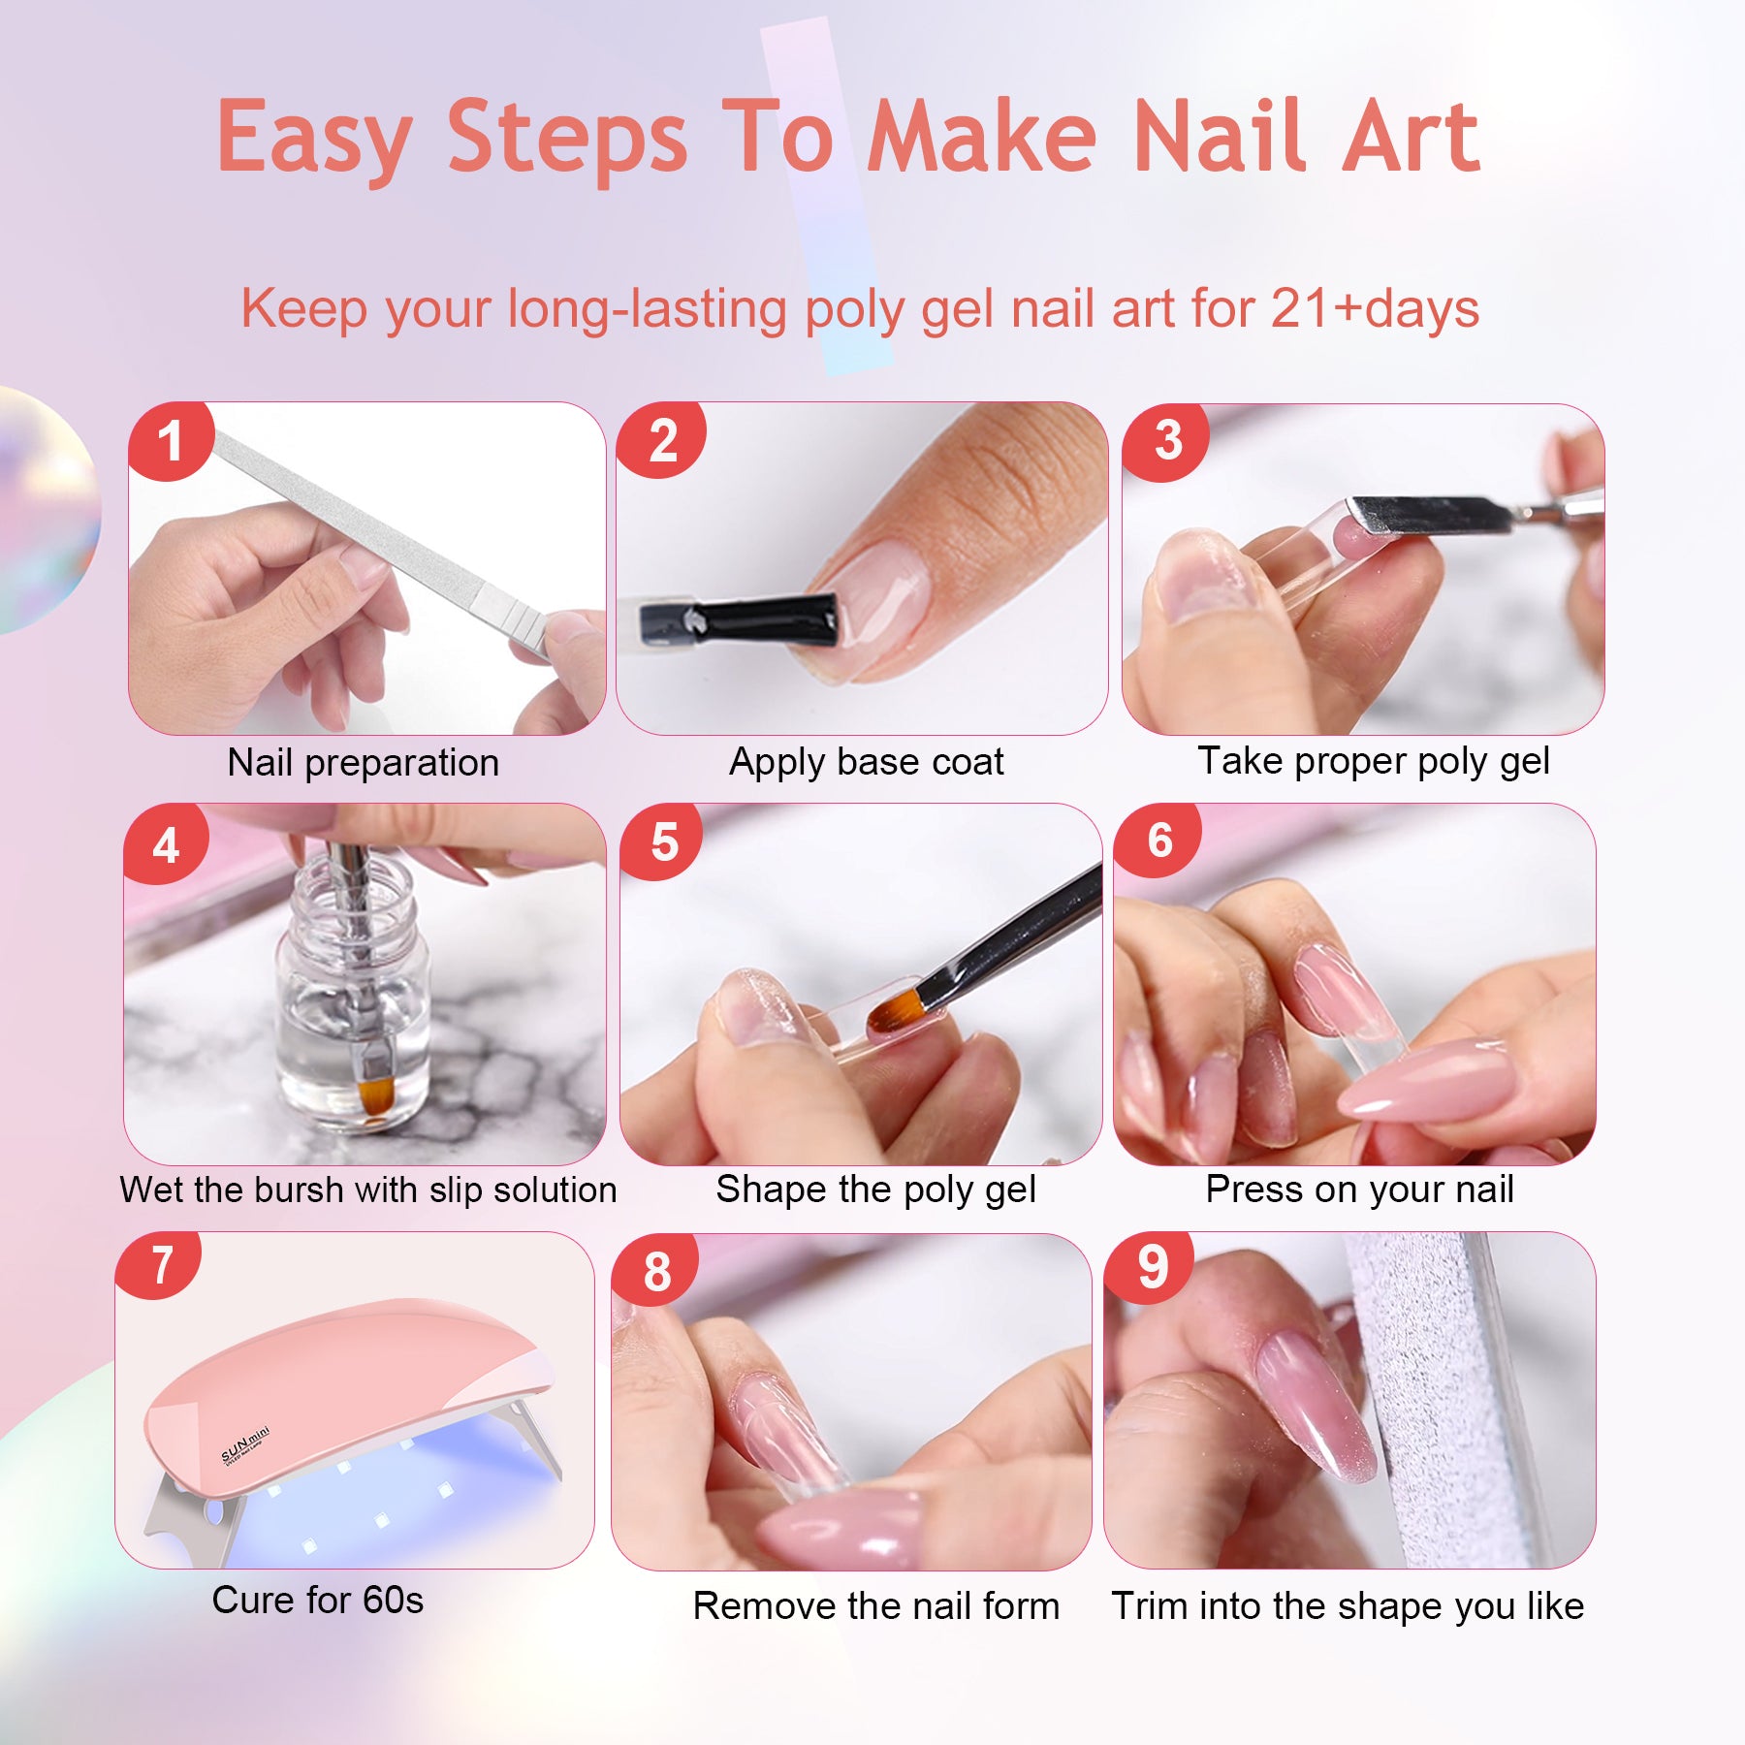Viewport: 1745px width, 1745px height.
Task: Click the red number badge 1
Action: point(171,441)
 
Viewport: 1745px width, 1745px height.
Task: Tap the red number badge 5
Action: point(664,841)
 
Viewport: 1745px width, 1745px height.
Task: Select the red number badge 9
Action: point(1152,1268)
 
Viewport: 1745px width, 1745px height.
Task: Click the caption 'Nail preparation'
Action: point(363,763)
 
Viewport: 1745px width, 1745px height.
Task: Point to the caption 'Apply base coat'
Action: point(866,762)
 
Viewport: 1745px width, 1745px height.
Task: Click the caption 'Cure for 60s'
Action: point(317,1600)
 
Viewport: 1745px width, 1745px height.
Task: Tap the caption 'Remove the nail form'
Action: point(875,1606)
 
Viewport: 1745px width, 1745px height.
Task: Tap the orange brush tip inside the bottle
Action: point(374,1095)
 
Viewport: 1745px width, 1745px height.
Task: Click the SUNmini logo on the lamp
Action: point(244,1445)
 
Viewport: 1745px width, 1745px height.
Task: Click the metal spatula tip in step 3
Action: point(1425,514)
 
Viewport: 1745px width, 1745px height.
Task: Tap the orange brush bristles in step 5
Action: point(891,1013)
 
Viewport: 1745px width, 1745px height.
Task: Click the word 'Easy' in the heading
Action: point(314,138)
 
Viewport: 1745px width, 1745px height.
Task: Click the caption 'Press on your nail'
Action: point(1358,1190)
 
